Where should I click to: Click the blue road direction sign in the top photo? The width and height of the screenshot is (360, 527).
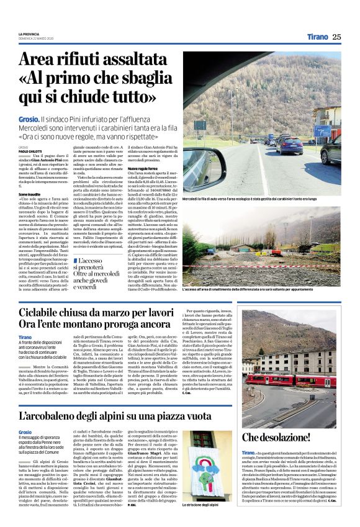click(x=323, y=131)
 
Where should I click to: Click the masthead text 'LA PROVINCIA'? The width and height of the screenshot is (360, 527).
click(x=29, y=33)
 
